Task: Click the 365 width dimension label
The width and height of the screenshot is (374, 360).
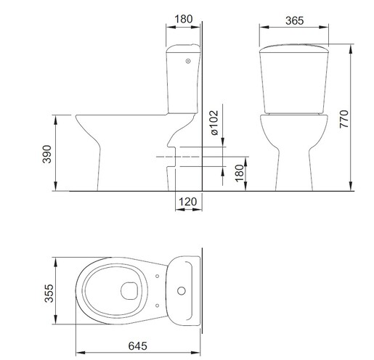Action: [293, 21]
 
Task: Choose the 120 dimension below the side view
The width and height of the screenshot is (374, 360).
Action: [187, 202]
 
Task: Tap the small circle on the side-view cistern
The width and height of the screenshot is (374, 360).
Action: [189, 62]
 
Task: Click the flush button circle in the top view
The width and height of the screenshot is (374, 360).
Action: [181, 292]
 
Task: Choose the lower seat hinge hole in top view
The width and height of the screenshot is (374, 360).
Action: [157, 304]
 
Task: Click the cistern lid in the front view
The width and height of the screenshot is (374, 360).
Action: [293, 49]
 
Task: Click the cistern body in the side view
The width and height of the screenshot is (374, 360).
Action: [182, 83]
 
